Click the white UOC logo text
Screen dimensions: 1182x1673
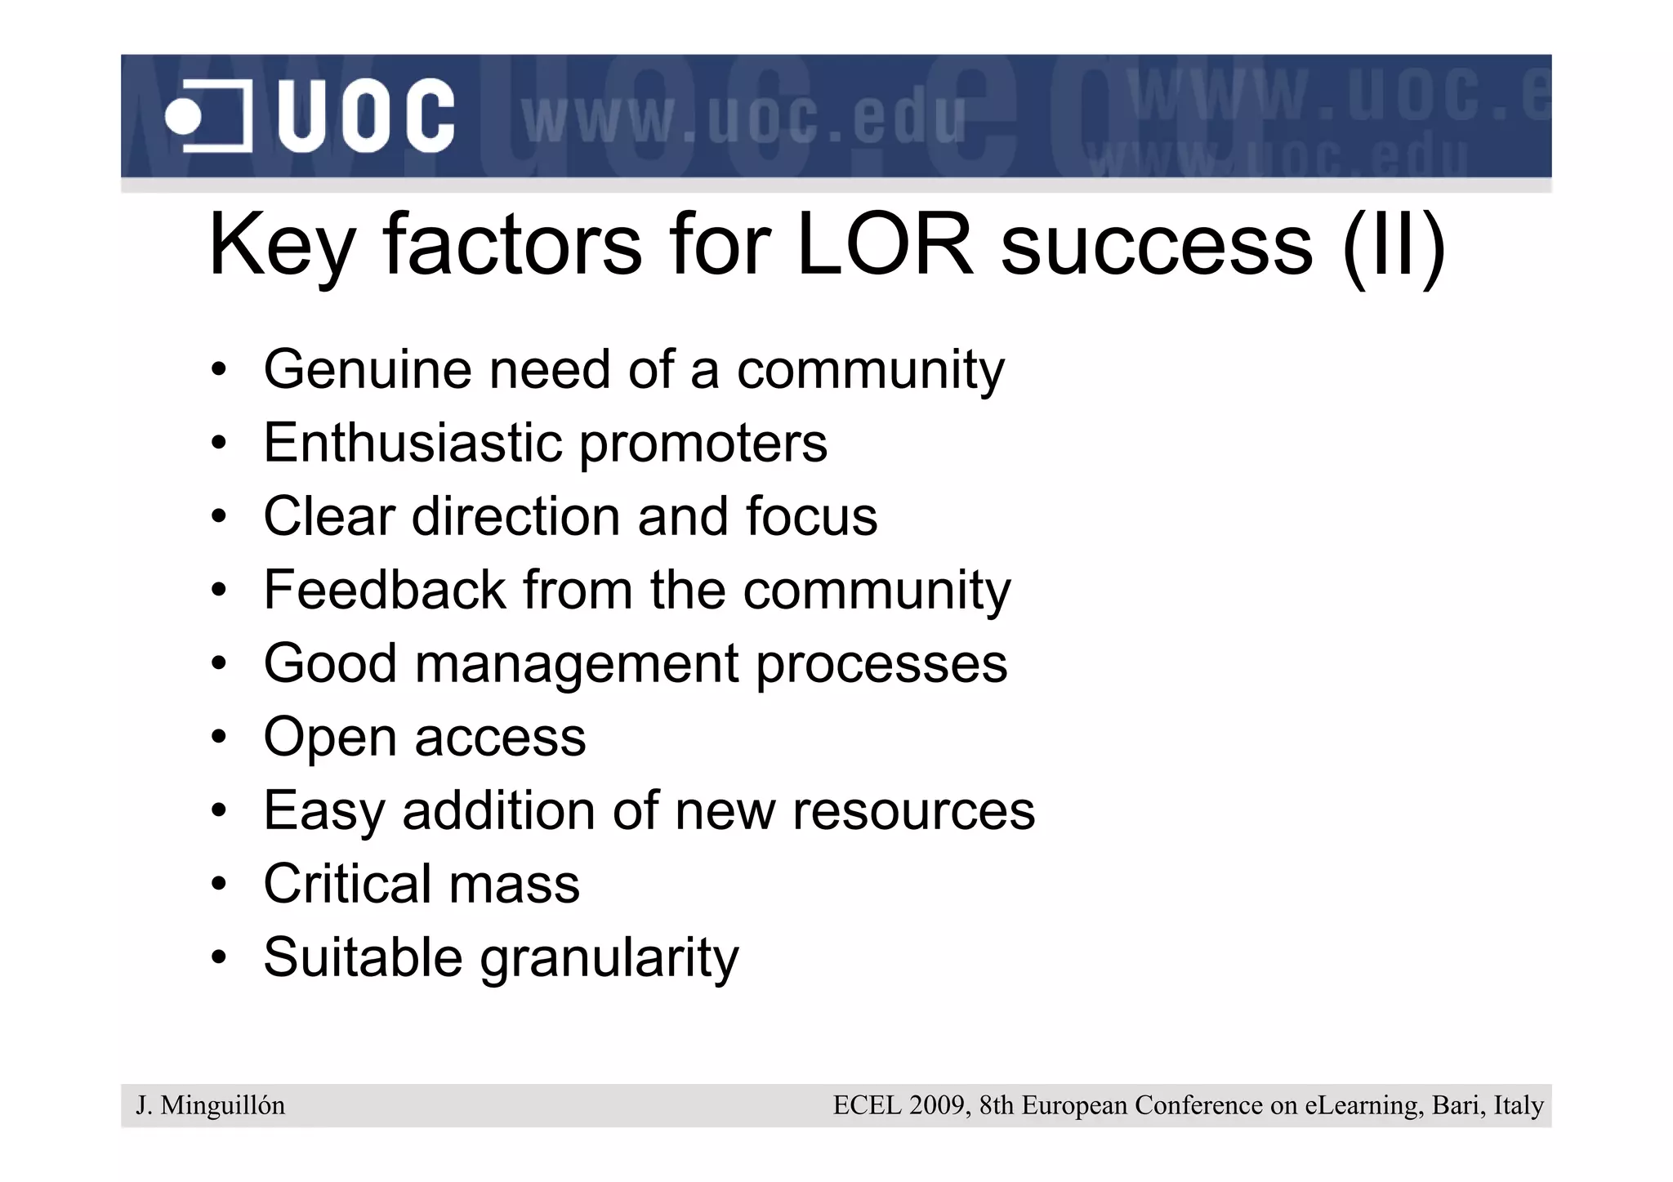[366, 115]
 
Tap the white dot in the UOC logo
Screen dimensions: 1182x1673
[183, 116]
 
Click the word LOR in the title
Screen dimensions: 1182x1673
[884, 244]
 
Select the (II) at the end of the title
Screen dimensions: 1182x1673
[1394, 246]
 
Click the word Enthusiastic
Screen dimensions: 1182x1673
[413, 443]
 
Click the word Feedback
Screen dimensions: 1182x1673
[384, 590]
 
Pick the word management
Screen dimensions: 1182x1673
[577, 665]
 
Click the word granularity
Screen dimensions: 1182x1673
[609, 959]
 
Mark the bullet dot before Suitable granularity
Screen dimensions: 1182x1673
[217, 957]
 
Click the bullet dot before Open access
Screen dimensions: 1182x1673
[217, 738]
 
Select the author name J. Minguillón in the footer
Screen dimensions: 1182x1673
[211, 1106]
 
